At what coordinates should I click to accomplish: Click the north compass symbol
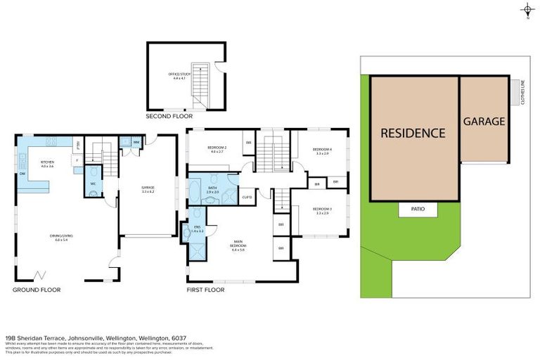click(x=526, y=10)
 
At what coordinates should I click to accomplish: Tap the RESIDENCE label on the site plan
click(x=413, y=133)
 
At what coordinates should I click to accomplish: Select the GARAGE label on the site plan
click(x=484, y=121)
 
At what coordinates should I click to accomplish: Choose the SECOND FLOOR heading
click(x=169, y=116)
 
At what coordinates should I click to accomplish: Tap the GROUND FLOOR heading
click(x=37, y=290)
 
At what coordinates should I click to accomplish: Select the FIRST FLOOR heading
click(x=205, y=290)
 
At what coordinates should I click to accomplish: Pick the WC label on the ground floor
click(x=92, y=184)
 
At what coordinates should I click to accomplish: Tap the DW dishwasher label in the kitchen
click(x=22, y=174)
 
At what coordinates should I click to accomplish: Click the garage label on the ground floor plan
click(x=148, y=189)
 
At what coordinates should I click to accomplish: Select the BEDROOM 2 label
click(x=215, y=149)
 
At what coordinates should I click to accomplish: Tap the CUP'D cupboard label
click(x=247, y=197)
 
